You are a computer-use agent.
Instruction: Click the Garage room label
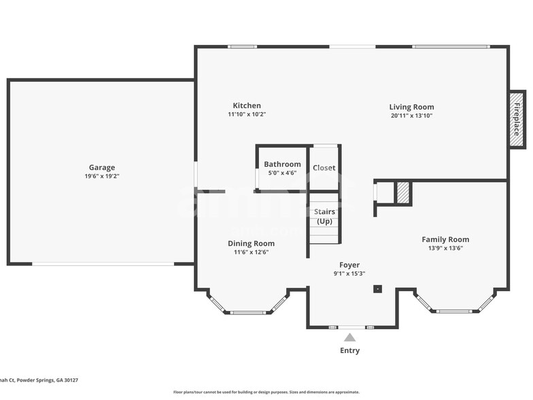click(102, 167)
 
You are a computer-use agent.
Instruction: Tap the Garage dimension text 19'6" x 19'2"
click(102, 177)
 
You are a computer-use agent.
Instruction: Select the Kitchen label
click(247, 105)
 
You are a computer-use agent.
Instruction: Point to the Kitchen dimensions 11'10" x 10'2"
click(247, 115)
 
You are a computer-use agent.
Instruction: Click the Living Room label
click(411, 107)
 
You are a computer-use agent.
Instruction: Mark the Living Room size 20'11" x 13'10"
click(411, 116)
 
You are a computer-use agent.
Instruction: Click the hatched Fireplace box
click(517, 120)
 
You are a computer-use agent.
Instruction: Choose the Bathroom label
click(282, 164)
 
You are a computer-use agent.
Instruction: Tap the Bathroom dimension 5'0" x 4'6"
click(282, 173)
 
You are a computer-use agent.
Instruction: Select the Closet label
click(324, 168)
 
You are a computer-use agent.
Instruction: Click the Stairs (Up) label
click(324, 216)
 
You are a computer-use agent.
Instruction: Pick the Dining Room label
click(251, 244)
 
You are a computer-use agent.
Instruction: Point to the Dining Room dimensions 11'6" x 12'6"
click(251, 252)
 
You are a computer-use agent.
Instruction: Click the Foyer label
click(349, 265)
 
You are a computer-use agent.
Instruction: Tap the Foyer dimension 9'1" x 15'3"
click(349, 274)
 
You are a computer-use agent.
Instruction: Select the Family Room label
click(445, 239)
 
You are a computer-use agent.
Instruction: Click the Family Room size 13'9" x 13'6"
click(445, 248)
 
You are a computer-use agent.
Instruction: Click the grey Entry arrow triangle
click(349, 337)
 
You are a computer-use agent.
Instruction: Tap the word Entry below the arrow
click(349, 351)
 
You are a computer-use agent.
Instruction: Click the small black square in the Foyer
click(377, 289)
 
